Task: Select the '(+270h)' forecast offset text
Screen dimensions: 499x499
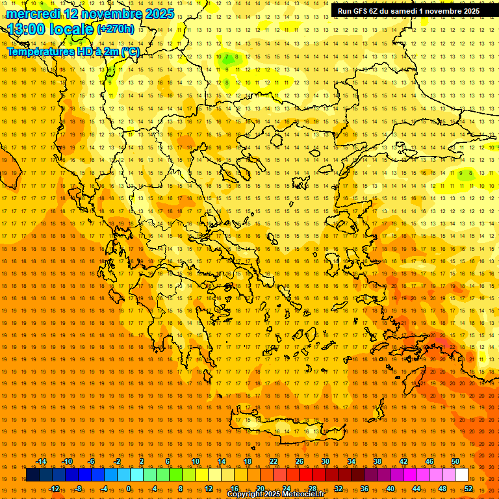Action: click(x=116, y=29)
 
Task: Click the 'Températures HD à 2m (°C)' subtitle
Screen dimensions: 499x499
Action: click(x=73, y=51)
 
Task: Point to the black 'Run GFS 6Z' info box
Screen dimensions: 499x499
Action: click(x=409, y=10)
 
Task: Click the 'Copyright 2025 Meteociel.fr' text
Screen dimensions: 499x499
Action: click(x=275, y=494)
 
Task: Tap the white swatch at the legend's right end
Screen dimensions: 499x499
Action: click(x=462, y=475)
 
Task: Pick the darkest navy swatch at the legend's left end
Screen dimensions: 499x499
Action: click(x=32, y=475)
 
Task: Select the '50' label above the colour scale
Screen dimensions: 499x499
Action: click(x=455, y=461)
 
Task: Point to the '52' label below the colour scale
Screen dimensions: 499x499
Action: click(x=468, y=489)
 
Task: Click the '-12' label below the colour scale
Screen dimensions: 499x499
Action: click(x=54, y=489)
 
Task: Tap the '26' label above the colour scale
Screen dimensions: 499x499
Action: click(x=300, y=461)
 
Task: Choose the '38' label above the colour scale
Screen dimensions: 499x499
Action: click(x=377, y=461)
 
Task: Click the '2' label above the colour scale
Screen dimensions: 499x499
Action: click(x=142, y=461)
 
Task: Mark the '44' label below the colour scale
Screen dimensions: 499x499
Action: click(x=416, y=489)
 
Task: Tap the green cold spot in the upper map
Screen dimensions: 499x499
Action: click(x=229, y=58)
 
